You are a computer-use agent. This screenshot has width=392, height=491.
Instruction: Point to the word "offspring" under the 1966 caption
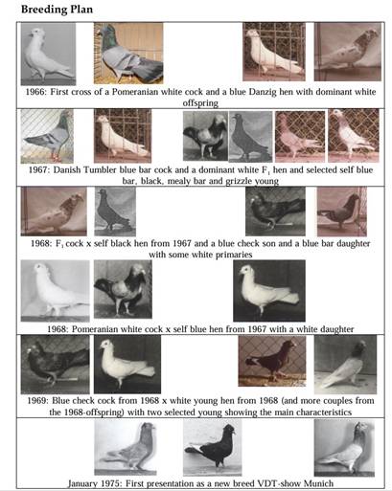pyautogui.click(x=200, y=103)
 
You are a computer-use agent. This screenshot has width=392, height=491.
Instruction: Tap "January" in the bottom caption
pyautogui.click(x=82, y=483)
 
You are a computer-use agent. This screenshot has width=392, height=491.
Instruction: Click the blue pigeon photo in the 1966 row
pyautogui.click(x=128, y=53)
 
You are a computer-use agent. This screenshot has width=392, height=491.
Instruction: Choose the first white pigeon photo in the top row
pyautogui.click(x=48, y=54)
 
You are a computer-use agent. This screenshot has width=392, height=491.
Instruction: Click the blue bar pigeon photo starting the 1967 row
pyautogui.click(x=47, y=136)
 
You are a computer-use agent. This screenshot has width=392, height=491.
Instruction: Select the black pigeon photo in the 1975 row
pyautogui.click(x=212, y=447)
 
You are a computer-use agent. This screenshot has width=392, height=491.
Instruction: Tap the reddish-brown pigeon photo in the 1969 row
pyautogui.click(x=272, y=361)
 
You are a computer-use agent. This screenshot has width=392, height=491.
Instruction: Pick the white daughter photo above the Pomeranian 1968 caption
pyautogui.click(x=269, y=291)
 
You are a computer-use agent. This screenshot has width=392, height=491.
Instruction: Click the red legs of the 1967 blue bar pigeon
pyautogui.click(x=56, y=157)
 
